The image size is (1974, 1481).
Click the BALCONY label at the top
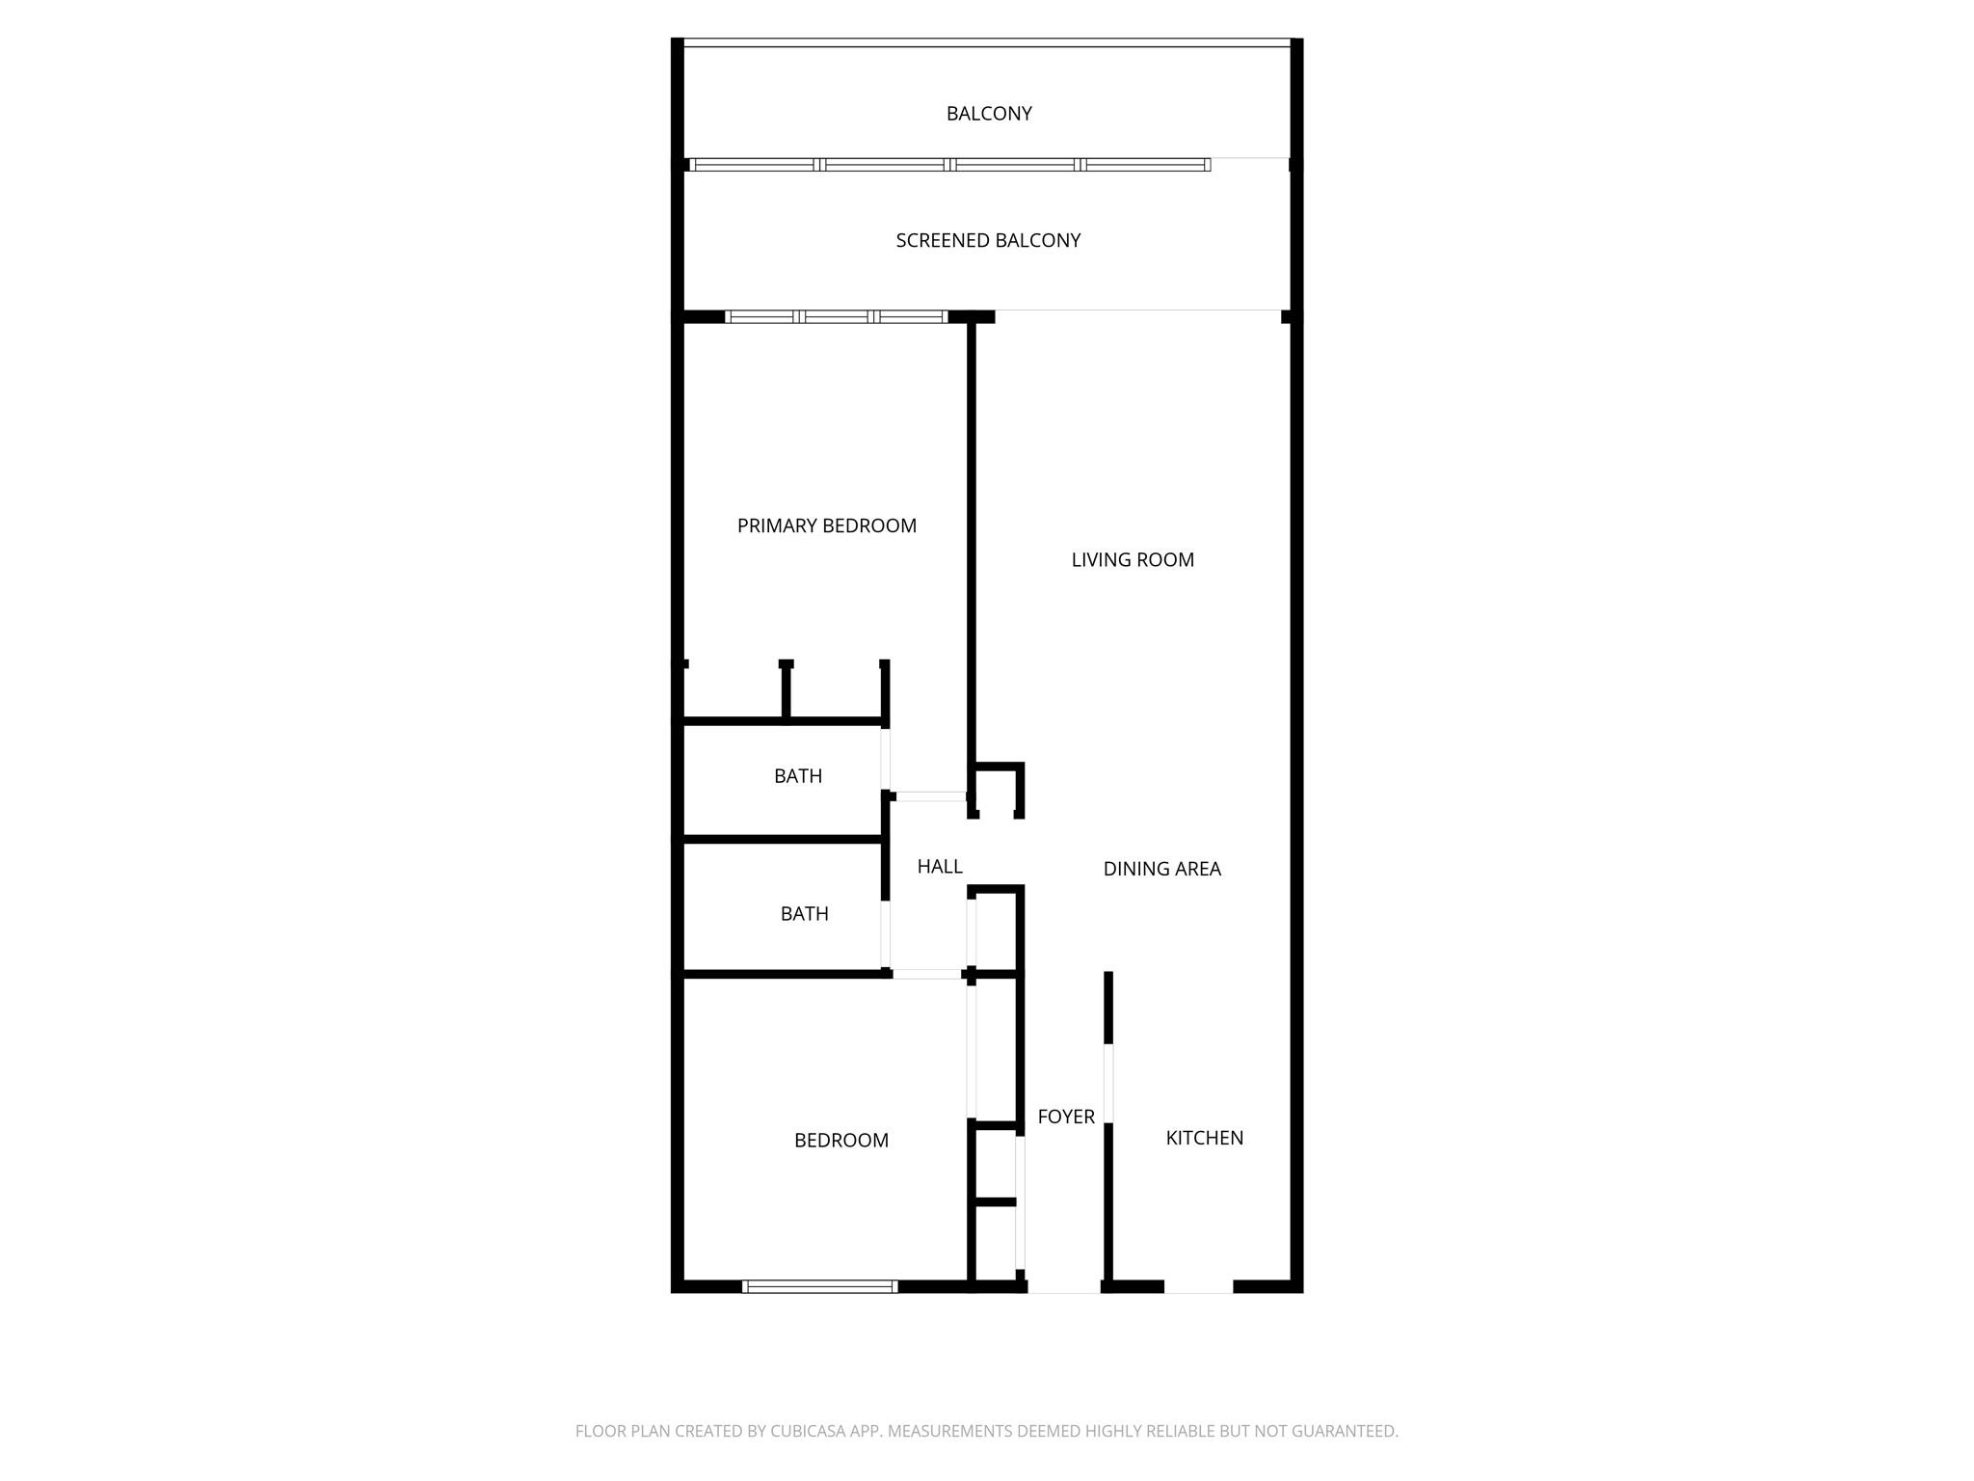pyautogui.click(x=989, y=114)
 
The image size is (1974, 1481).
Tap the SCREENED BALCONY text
pyautogui.click(x=988, y=240)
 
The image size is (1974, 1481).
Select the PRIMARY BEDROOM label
pyautogui.click(x=826, y=525)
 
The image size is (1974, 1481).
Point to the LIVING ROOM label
pyautogui.click(x=1133, y=559)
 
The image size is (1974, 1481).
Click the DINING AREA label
pyautogui.click(x=1161, y=869)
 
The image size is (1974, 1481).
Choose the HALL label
pyautogui.click(x=940, y=867)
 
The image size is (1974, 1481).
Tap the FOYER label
pyautogui.click(x=1066, y=1117)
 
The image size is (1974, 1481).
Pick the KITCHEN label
pyautogui.click(x=1204, y=1138)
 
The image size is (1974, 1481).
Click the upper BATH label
pyautogui.click(x=798, y=776)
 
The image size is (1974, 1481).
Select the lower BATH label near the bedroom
pyautogui.click(x=804, y=914)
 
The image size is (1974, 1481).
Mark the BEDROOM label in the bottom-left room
pyautogui.click(x=840, y=1141)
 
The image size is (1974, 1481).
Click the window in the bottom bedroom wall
pyautogui.click(x=820, y=1286)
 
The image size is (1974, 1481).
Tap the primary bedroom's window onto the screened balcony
pyautogui.click(x=837, y=316)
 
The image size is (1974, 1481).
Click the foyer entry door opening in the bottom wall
pyautogui.click(x=1064, y=1286)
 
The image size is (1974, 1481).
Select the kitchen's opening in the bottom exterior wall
pyautogui.click(x=1198, y=1286)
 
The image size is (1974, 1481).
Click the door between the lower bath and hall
pyautogui.click(x=885, y=933)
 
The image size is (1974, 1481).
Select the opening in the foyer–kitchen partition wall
pyautogui.click(x=1108, y=1083)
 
